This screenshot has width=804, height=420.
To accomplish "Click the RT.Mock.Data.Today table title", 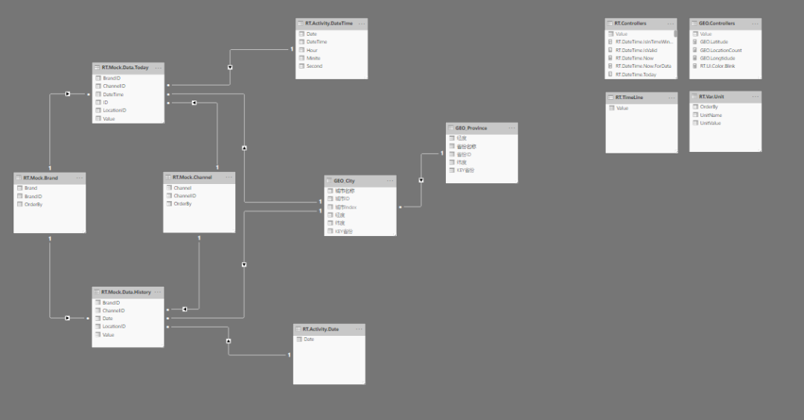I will coord(125,68).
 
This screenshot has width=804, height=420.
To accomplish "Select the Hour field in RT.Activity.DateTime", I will coord(312,50).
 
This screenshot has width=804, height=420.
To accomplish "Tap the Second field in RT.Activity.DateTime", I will coord(314,66).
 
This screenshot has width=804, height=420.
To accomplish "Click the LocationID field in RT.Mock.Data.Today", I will coord(115,110).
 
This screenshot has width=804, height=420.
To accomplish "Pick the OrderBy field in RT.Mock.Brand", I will coord(33,204).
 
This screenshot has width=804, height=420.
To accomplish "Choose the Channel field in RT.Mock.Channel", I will coord(182,188).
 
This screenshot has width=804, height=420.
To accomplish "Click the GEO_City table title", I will coord(345,181).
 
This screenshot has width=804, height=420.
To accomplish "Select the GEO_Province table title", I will coord(471,128).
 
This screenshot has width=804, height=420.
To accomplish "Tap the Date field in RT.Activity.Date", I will coord(309,340).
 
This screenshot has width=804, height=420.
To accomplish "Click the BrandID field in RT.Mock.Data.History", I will coord(111,303).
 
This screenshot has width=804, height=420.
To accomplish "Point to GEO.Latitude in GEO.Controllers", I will coord(715,42).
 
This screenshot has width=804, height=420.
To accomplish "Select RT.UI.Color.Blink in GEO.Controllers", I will coord(718,66).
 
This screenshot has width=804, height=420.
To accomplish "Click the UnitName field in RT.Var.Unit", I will coord(712,115).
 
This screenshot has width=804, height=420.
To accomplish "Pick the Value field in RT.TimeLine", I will coord(622,109).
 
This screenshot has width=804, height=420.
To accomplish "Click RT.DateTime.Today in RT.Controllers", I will coord(636,74).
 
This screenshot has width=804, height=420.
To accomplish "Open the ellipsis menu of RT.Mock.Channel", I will coord(228,177).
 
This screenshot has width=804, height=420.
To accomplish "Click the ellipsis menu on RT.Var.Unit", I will coord(754,97).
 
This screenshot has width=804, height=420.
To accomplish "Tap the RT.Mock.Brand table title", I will coord(41,178).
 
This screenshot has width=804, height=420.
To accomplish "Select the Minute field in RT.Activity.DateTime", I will coord(313,58).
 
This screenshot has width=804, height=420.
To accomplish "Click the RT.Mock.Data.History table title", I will coord(127,293).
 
